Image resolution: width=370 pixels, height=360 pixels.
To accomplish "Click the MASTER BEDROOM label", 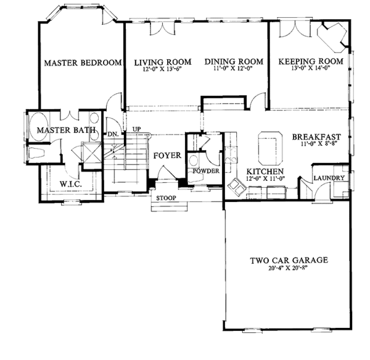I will click(82, 62).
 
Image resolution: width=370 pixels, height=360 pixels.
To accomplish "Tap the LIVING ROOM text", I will click(163, 62).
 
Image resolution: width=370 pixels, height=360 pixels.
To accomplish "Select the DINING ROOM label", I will click(234, 62).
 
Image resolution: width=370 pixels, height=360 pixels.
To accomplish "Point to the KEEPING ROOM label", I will click(310, 62).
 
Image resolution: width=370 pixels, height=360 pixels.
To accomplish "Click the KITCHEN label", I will click(265, 171).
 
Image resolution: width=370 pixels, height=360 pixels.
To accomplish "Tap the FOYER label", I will click(167, 156).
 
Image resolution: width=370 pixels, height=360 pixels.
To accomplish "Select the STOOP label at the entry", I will click(165, 198).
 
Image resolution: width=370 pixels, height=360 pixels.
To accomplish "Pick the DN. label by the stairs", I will click(113, 133).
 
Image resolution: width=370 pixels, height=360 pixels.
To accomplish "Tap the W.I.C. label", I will click(67, 184).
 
